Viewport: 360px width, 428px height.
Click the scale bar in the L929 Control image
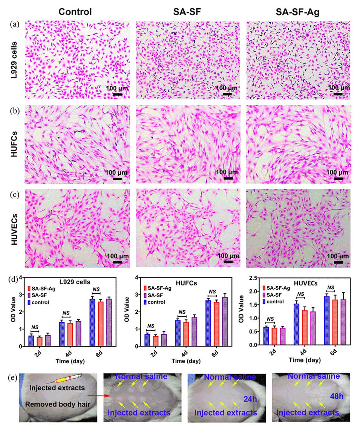117,94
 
